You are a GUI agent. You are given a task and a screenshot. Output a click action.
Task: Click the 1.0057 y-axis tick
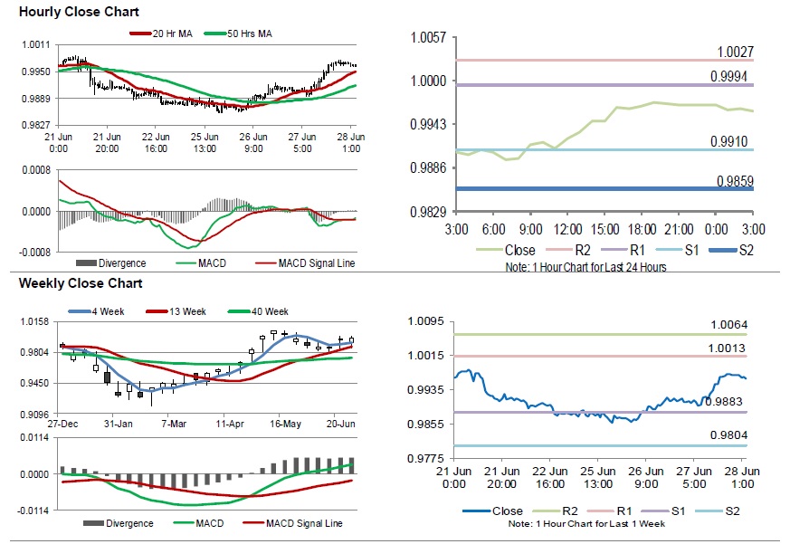click(428, 38)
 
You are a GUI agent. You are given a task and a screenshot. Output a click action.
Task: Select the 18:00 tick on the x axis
click(642, 230)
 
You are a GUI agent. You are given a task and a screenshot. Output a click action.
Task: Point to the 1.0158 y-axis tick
click(34, 321)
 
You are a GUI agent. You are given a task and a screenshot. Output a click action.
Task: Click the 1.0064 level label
click(728, 325)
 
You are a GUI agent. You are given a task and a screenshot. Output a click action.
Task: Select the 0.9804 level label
click(728, 435)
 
